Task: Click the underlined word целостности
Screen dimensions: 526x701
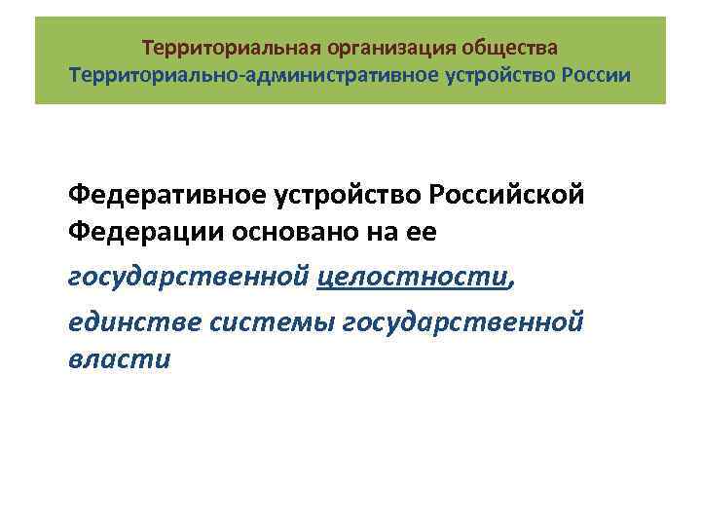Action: click(413, 279)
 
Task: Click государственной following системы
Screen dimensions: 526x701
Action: click(463, 319)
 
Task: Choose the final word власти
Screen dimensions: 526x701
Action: click(119, 360)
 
